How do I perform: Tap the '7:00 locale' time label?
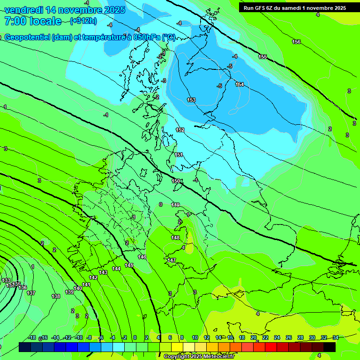coord(33,21)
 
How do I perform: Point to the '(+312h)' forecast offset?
coord(84,21)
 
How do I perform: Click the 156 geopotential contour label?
coord(296,42)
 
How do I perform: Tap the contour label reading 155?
coord(262,57)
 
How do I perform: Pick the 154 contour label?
coord(240,85)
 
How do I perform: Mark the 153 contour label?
coord(191,100)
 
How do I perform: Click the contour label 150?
coord(175,181)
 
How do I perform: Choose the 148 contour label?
coord(175,238)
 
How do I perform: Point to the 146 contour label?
coord(142,257)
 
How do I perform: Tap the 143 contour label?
coord(104,272)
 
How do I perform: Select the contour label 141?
coord(86,285)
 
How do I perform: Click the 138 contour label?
coord(56,296)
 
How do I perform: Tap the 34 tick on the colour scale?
coord(335,337)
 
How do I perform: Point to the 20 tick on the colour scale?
coord(254,337)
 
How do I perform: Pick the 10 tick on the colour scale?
coord(195,337)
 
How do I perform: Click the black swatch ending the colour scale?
coord(330,347)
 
